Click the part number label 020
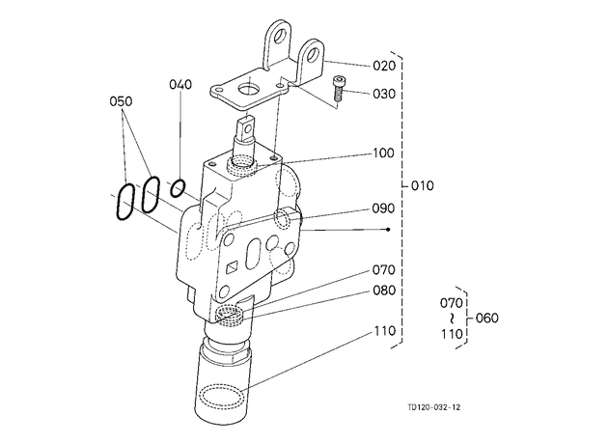(384, 66)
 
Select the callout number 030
(384, 94)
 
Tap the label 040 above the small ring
(180, 84)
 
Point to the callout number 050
(121, 101)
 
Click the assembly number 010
(423, 185)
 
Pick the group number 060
(486, 318)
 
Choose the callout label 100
(383, 153)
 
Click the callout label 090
(383, 208)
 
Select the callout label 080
(384, 291)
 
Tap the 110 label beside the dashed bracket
(385, 331)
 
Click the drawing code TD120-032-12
(434, 407)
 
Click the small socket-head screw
(339, 89)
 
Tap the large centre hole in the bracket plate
(248, 91)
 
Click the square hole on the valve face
(233, 267)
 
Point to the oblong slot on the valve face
(254, 254)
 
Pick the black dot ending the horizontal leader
(388, 230)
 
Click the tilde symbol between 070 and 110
(452, 319)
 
